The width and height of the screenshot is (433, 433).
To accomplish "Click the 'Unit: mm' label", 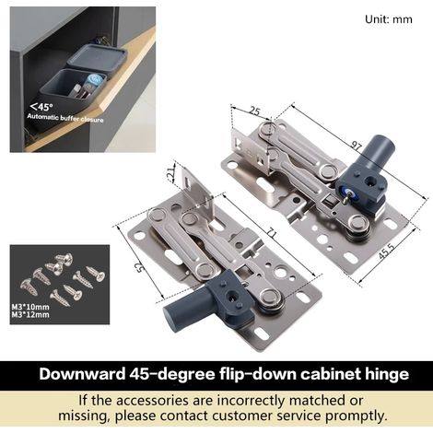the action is (389, 19).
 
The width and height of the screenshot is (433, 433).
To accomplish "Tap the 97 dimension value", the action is (357, 146).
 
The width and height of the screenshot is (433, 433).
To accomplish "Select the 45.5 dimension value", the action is (386, 252).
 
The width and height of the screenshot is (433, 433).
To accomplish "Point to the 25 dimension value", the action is (254, 111).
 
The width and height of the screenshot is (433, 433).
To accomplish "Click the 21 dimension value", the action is (172, 173).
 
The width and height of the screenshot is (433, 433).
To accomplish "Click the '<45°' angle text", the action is (41, 107).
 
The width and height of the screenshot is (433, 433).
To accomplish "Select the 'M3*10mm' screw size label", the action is (30, 307).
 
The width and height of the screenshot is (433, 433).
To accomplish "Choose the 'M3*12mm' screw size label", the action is (30, 314).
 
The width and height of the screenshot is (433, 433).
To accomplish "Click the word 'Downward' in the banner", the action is (82, 374).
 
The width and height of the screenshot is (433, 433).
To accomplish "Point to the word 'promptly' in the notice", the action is (356, 416).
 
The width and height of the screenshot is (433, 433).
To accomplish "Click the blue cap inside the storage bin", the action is (94, 79).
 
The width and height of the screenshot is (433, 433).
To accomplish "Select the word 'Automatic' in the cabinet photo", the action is (42, 117).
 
